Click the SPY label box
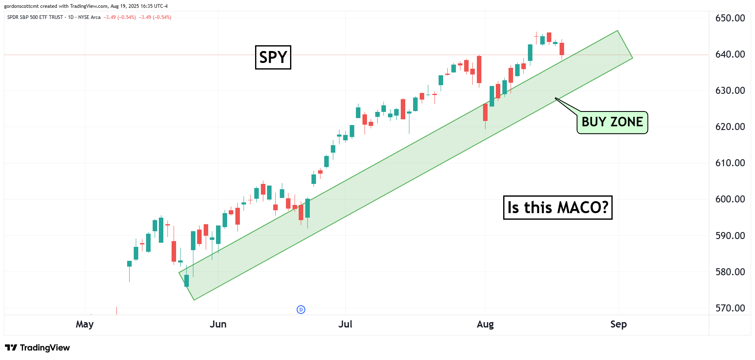(x=273, y=57)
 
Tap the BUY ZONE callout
(x=612, y=122)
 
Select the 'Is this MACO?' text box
(x=558, y=207)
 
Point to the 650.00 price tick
(x=730, y=18)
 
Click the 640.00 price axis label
(x=730, y=54)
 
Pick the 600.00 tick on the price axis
(x=730, y=199)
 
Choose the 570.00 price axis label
(x=730, y=308)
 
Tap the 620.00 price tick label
(x=730, y=127)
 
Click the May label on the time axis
(x=85, y=324)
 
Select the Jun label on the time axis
(x=218, y=324)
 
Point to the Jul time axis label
(x=345, y=324)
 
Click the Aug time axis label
(x=485, y=324)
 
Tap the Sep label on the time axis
(x=618, y=324)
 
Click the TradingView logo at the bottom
(x=37, y=348)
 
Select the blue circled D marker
(x=301, y=309)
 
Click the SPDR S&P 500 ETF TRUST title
(x=35, y=17)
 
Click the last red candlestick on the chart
(x=562, y=49)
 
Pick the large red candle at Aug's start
(x=479, y=69)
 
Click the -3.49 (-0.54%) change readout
(x=120, y=17)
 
